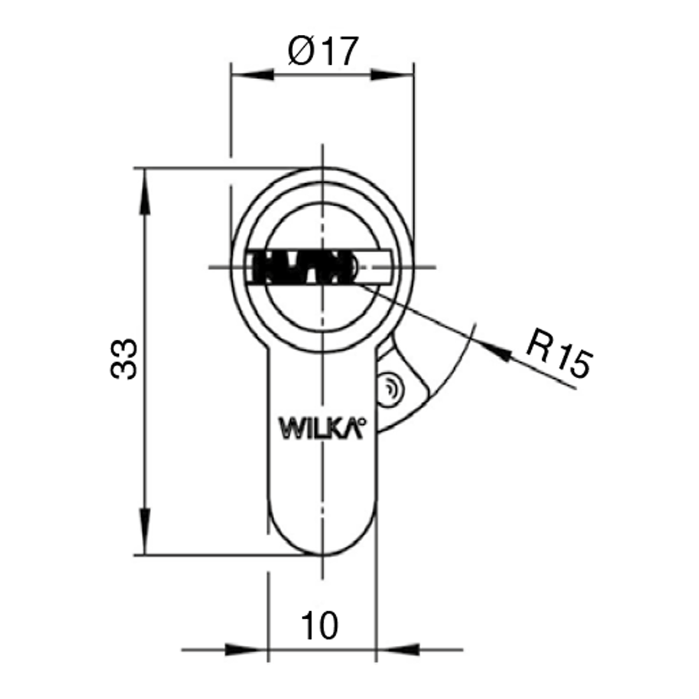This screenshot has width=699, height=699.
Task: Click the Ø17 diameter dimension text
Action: click(323, 51)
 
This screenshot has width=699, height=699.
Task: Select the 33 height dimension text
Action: click(124, 359)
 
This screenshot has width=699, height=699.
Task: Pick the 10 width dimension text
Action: click(319, 626)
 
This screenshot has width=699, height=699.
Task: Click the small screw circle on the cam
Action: click(390, 389)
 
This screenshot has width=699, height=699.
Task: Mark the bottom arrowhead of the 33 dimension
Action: click(145, 531)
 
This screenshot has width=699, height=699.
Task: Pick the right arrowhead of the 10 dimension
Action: click(398, 649)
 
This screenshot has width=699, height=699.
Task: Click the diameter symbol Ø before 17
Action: click(301, 51)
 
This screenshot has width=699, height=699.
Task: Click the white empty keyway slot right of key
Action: click(375, 268)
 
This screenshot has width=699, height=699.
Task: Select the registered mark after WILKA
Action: click(361, 420)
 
